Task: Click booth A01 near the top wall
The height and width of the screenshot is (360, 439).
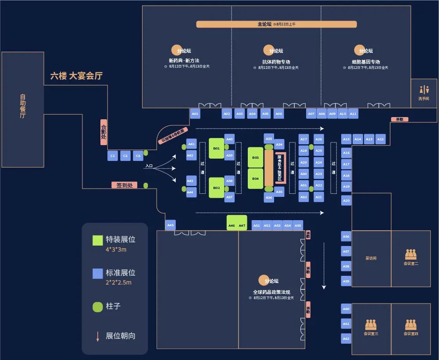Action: (x=195, y=114)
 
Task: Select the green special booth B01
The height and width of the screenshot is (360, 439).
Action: (x=216, y=149)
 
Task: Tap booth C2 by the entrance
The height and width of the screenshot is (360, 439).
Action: (x=125, y=156)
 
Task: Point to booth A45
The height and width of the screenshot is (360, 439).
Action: (x=171, y=225)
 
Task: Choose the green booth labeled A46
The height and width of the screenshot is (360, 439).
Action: (x=232, y=225)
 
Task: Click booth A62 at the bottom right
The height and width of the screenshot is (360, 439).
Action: (x=346, y=339)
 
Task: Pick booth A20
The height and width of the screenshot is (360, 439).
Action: (x=346, y=200)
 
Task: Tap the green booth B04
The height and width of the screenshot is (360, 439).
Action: (x=256, y=179)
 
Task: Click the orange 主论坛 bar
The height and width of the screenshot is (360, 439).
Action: (x=276, y=24)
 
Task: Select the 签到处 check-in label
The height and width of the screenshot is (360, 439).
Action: (x=124, y=185)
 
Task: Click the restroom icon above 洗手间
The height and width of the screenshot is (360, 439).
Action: (x=424, y=89)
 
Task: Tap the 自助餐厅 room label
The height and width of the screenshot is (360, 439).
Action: (x=23, y=106)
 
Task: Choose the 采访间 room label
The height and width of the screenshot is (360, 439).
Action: (x=371, y=258)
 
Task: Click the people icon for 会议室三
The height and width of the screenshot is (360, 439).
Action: (x=371, y=324)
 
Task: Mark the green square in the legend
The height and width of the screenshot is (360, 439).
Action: (x=97, y=240)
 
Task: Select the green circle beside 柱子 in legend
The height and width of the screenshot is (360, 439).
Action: (x=97, y=307)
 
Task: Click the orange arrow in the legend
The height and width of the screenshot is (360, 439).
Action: (x=98, y=336)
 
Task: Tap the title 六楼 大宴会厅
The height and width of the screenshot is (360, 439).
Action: (x=76, y=76)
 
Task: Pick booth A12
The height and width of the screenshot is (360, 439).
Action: (x=380, y=139)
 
